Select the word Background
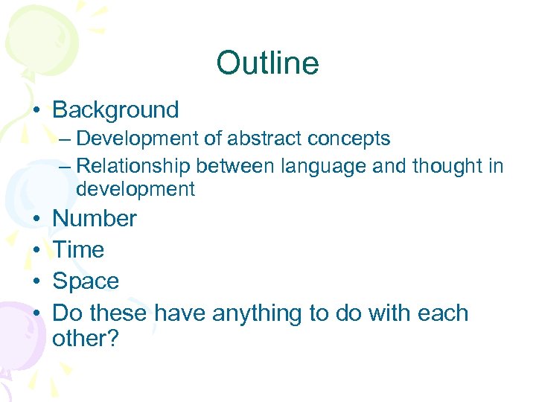115,110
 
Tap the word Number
95,219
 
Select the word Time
78,250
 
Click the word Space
86,281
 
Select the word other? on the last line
86,339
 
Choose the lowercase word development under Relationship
135,189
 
